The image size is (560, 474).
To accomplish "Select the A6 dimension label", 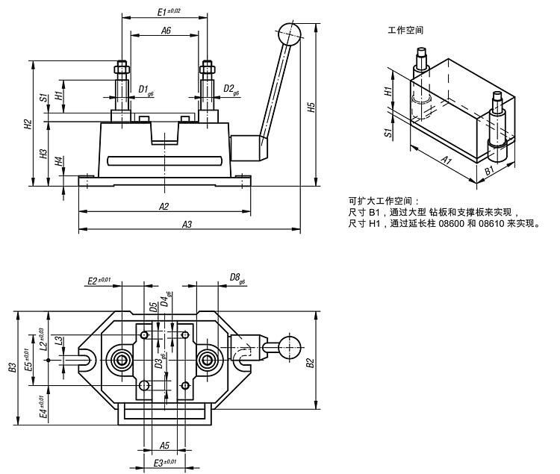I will (166, 31).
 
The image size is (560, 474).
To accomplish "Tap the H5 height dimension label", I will (312, 108).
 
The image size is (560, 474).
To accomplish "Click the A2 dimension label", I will (164, 207).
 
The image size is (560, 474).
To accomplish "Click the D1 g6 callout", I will (146, 89).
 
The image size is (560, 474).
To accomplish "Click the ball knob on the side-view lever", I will (288, 34).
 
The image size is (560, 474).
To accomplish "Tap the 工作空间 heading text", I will (406, 31).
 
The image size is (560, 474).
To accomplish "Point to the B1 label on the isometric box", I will (489, 172).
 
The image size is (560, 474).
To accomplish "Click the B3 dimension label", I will (12, 367).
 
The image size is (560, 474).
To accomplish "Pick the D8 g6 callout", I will (237, 279).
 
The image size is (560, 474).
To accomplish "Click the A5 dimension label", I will (166, 446).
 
